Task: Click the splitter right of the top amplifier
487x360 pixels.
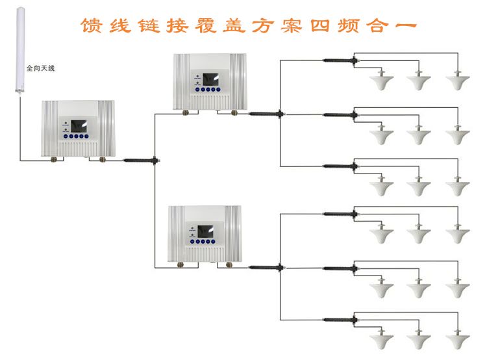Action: pos(265,114)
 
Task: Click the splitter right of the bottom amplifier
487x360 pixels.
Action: pos(265,266)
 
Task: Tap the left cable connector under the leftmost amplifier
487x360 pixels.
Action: pos(56,158)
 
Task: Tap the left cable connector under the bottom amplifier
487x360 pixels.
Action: pos(181,266)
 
